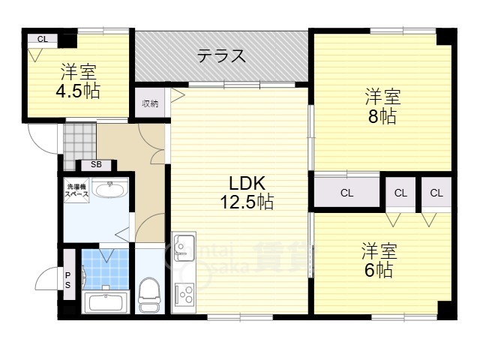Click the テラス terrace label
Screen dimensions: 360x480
[x=221, y=55]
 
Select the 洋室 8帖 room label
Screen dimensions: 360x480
[x=382, y=106]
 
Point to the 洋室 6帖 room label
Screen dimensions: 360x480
[x=379, y=259]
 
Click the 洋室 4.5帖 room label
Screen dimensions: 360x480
[x=78, y=82]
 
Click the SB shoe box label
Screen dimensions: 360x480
[x=96, y=164]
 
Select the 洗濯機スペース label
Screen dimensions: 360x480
[x=76, y=190]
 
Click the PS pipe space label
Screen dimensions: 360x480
[x=67, y=280]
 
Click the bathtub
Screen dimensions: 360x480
[x=105, y=304]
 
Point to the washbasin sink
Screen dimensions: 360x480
[x=111, y=189]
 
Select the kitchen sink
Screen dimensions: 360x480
[x=184, y=246]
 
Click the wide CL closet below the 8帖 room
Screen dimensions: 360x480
[x=346, y=193]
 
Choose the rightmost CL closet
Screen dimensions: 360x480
[x=436, y=193]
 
